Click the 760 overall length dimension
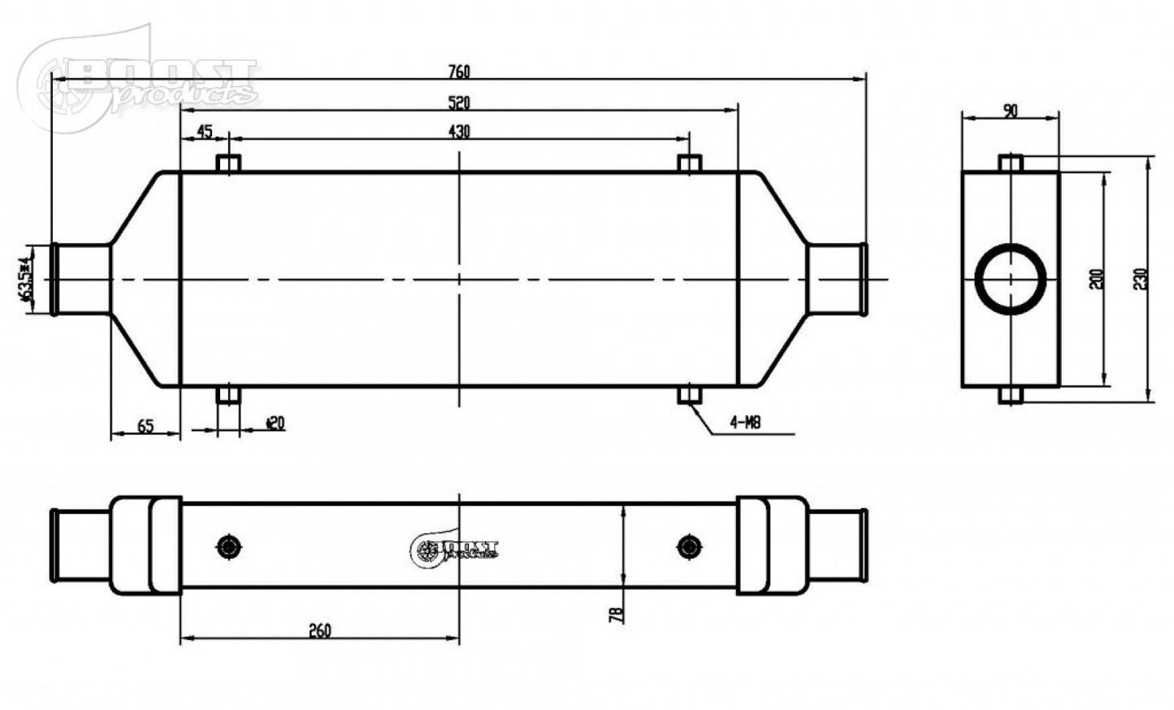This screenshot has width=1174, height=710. click(x=458, y=72)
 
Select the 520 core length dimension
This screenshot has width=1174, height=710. click(x=458, y=102)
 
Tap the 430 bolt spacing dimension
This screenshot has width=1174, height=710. click(x=458, y=132)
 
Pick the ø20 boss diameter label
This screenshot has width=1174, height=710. click(x=275, y=423)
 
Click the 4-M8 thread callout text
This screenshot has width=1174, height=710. click(x=744, y=423)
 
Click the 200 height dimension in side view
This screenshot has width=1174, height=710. click(x=1097, y=279)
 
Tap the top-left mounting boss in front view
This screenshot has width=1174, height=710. click(x=228, y=163)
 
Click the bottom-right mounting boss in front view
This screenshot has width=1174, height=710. click(x=690, y=395)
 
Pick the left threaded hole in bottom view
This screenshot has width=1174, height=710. click(x=227, y=546)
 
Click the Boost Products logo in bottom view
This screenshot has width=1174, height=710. click(x=455, y=550)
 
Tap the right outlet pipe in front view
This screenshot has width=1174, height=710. click(x=837, y=279)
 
